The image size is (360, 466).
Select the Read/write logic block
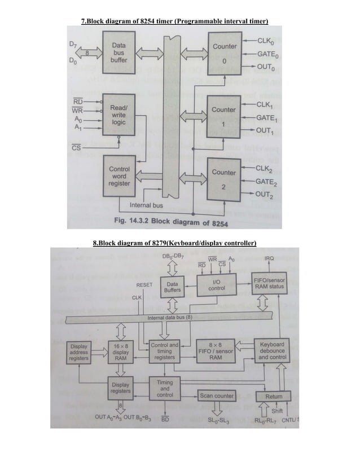118,115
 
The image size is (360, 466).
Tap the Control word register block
118,176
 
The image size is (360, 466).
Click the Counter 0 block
224,53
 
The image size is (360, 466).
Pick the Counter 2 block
224,179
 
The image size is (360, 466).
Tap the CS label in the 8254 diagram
75,148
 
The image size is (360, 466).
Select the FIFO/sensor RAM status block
269,283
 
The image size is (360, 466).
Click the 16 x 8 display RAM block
121,352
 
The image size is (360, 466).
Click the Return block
274,397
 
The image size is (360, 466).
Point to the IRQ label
269,258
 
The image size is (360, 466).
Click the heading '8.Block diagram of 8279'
175,244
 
